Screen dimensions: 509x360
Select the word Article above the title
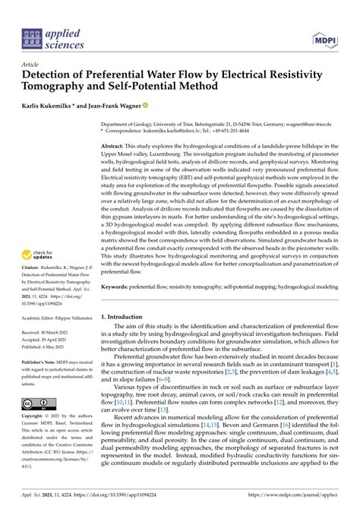[x=31, y=65]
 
